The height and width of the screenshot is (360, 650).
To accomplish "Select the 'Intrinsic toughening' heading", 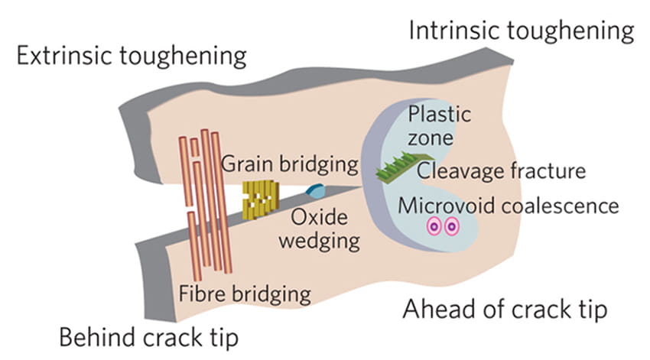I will pos(522,31).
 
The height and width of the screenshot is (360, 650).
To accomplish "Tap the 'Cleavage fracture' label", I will pos(501,170).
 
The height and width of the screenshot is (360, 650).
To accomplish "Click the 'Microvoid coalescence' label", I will pos(508,206).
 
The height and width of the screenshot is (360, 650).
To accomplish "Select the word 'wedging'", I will pos(319,242).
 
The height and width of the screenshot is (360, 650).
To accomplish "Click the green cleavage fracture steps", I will pos(395,169).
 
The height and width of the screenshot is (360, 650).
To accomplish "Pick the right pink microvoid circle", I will pos(451,227).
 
